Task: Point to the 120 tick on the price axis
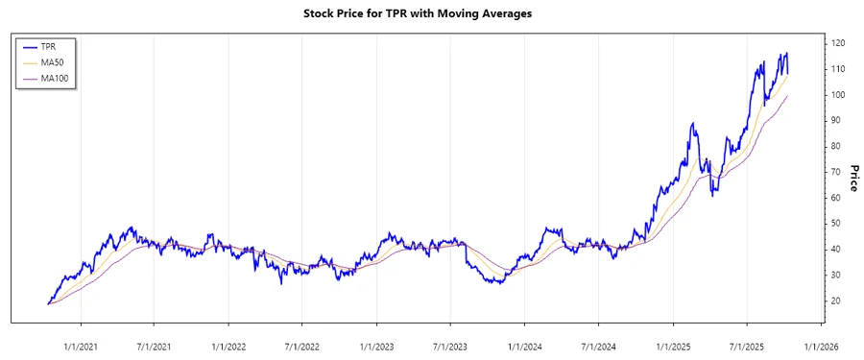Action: click(x=838, y=44)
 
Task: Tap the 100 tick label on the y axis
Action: click(x=838, y=95)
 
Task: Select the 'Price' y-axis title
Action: click(x=852, y=179)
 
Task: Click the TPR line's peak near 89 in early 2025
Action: click(x=691, y=124)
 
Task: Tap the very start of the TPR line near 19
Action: click(x=47, y=303)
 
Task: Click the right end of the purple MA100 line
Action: click(x=788, y=95)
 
